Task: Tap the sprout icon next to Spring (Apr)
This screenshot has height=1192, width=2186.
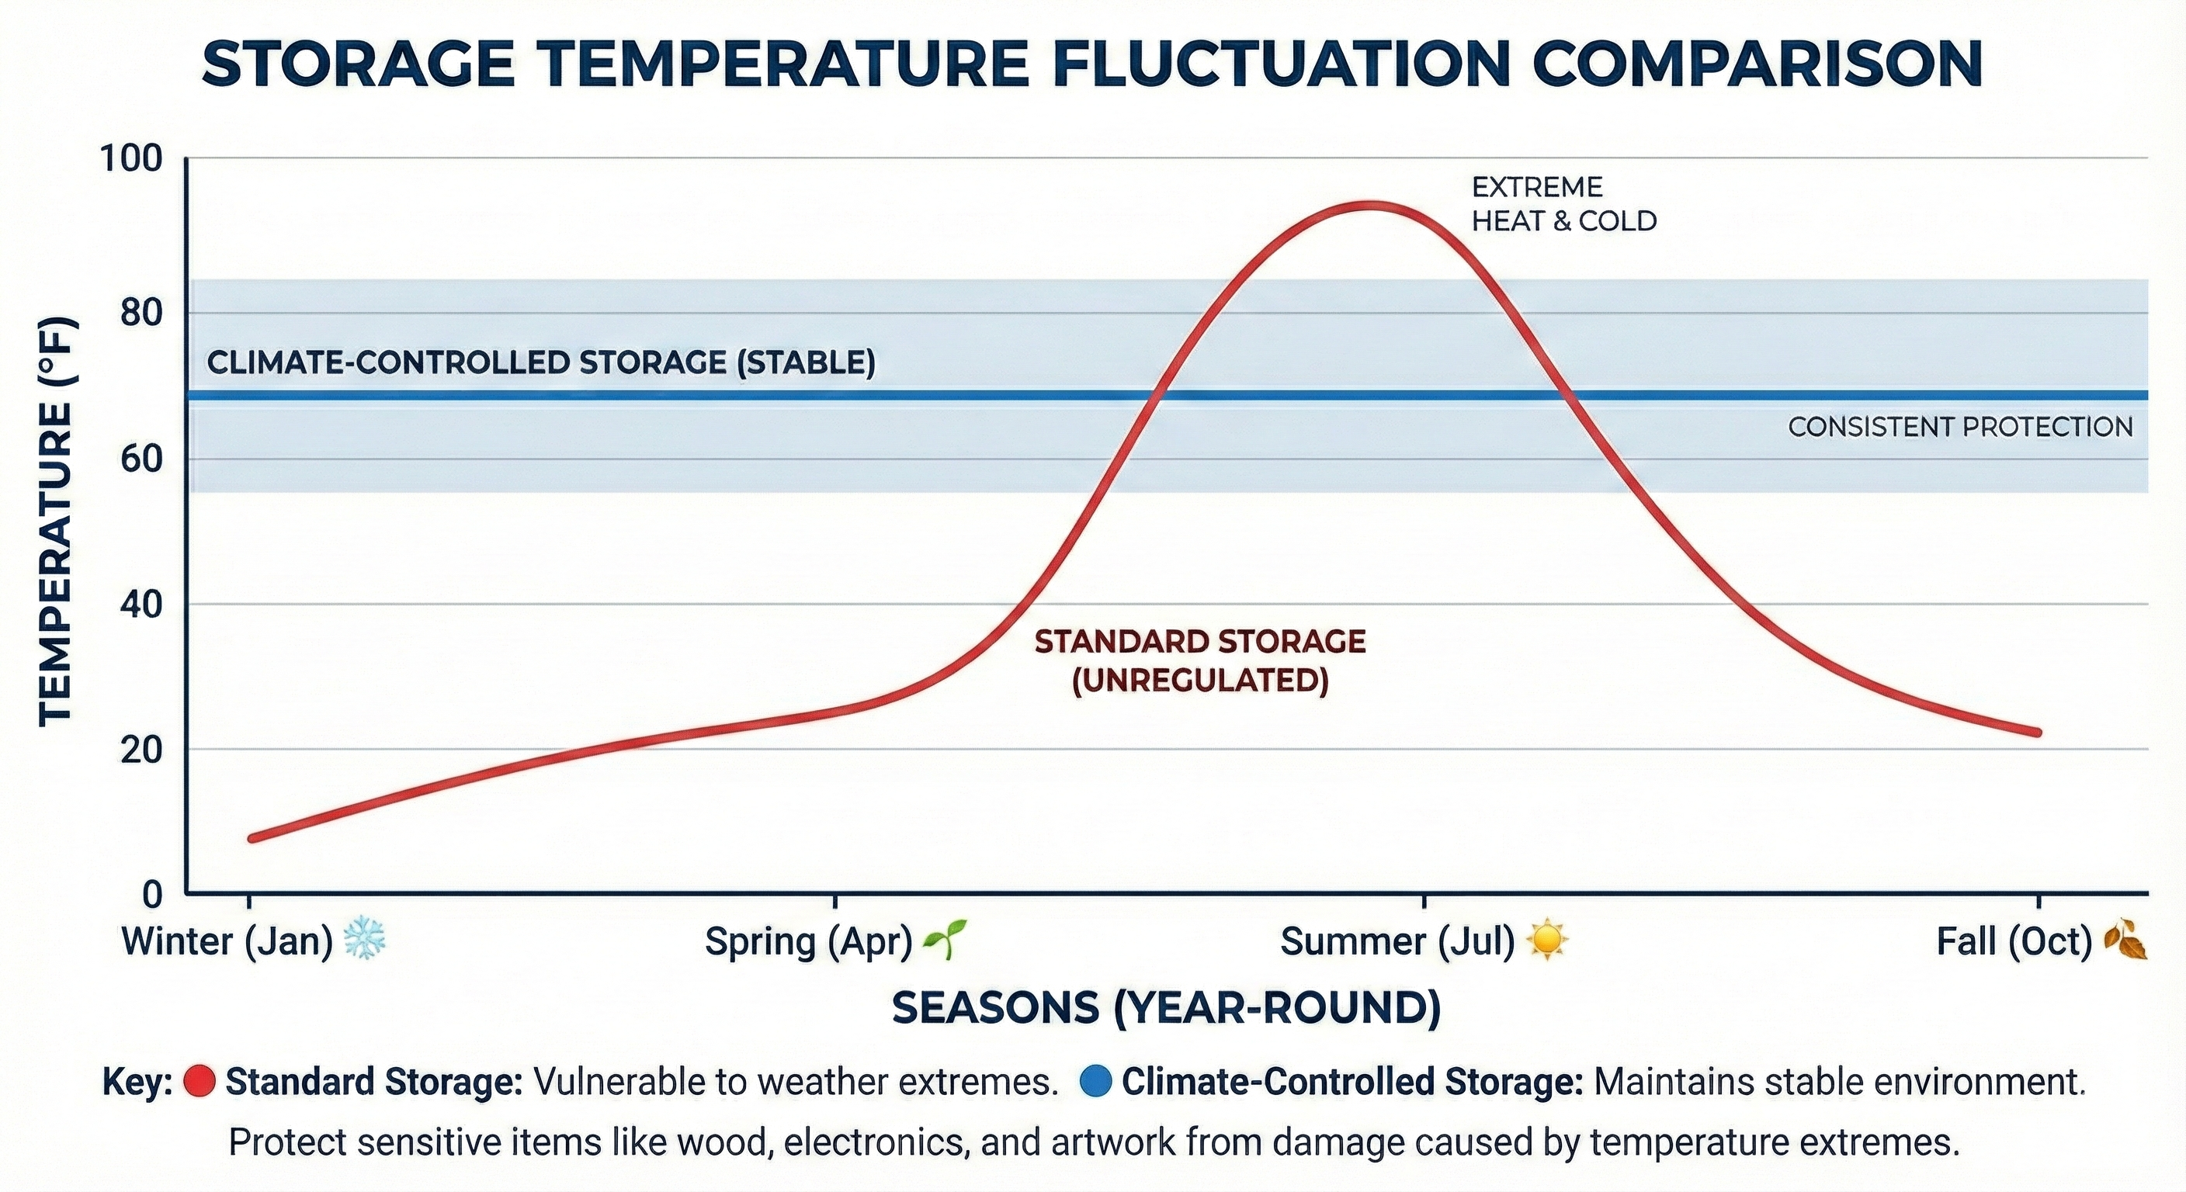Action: point(944,939)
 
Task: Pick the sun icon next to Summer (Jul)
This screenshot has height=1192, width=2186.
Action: point(1546,940)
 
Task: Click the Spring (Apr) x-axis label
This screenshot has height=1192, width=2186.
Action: point(808,941)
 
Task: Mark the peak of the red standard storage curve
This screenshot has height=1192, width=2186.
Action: point(1368,206)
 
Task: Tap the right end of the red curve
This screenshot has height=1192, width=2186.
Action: point(2037,731)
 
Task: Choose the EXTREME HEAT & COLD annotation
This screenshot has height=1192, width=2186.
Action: point(1563,203)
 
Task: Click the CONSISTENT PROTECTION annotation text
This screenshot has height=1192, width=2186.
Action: point(1959,427)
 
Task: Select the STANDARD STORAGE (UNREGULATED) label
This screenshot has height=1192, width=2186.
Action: point(1200,661)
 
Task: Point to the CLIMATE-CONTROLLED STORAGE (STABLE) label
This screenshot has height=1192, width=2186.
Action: point(540,362)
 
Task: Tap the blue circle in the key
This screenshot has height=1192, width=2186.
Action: point(1097,1082)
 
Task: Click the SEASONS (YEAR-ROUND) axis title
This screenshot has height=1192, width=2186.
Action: point(1166,1007)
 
